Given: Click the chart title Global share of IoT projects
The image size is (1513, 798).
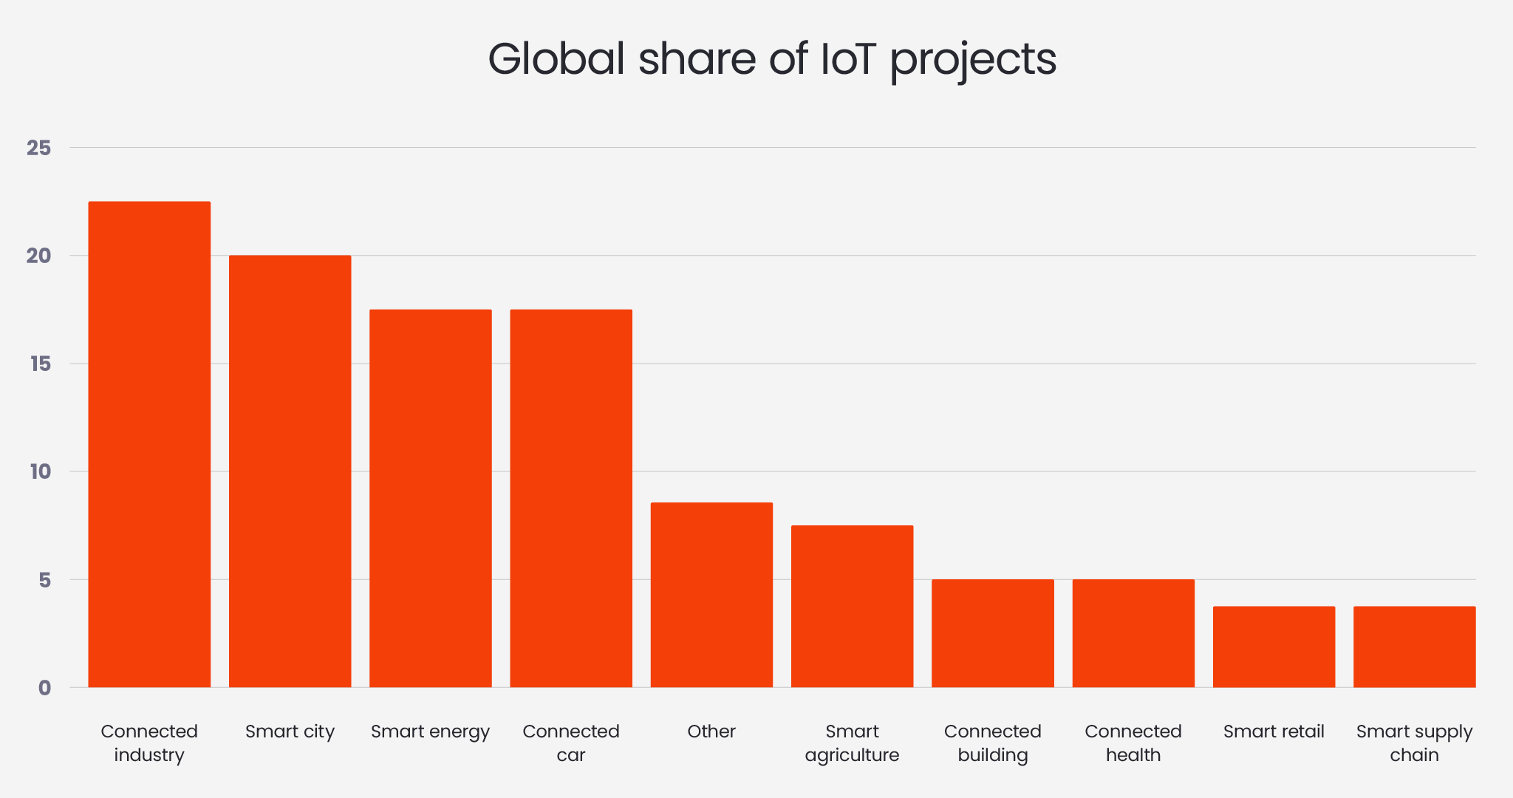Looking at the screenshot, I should click(x=772, y=59).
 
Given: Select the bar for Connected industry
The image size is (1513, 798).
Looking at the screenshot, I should click(x=149, y=443).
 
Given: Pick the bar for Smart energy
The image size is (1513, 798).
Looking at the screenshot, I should click(x=430, y=499).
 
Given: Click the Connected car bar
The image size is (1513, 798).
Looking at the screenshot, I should click(x=571, y=499).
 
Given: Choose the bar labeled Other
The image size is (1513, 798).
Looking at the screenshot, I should click(x=711, y=595).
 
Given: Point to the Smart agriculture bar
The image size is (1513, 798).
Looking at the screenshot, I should click(x=852, y=606).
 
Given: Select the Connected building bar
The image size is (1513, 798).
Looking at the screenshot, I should click(x=992, y=633).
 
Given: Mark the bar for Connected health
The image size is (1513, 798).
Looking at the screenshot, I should click(x=1133, y=633).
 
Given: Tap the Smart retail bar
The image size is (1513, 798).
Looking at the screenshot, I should click(x=1274, y=647).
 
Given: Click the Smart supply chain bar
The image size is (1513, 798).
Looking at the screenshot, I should click(x=1414, y=647).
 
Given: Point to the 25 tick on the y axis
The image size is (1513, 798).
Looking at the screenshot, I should click(x=39, y=148).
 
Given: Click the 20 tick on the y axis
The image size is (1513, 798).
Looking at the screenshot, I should click(x=39, y=256).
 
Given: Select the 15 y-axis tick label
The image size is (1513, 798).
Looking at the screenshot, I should click(x=40, y=364).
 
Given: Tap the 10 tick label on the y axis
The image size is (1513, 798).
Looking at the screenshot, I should click(x=40, y=471).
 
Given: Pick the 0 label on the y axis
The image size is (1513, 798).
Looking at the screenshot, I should click(x=44, y=688).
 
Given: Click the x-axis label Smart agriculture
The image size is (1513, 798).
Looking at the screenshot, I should click(x=852, y=743).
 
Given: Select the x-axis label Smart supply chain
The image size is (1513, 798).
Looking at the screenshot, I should click(x=1414, y=743).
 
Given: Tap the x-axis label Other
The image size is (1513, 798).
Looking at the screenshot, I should click(x=711, y=731).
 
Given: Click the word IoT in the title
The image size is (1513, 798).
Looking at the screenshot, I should click(x=848, y=59).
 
